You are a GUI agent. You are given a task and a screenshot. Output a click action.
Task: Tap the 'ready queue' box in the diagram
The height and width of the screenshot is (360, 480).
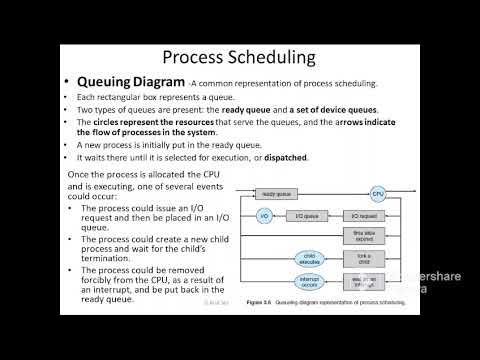(x=274, y=193)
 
